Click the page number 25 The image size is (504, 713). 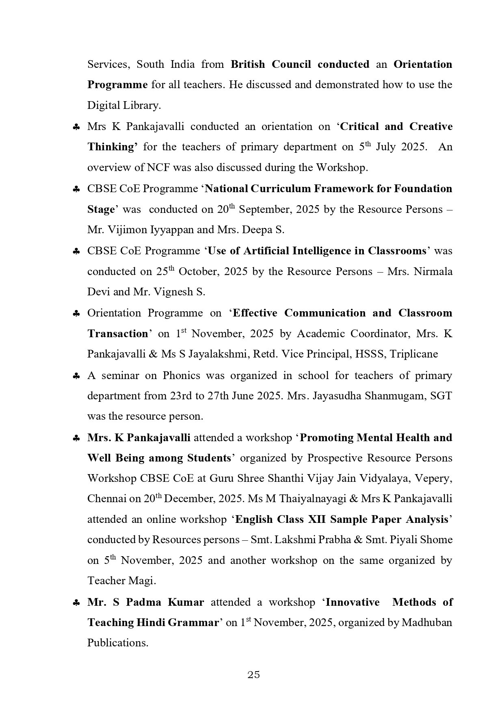253,675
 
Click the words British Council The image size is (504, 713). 271,65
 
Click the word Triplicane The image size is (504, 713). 414,354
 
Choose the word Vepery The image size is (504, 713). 435,479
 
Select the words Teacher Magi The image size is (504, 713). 121,581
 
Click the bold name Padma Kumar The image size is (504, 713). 165,602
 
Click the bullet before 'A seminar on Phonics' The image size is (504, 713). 76,376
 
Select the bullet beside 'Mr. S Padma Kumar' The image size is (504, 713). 76,603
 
